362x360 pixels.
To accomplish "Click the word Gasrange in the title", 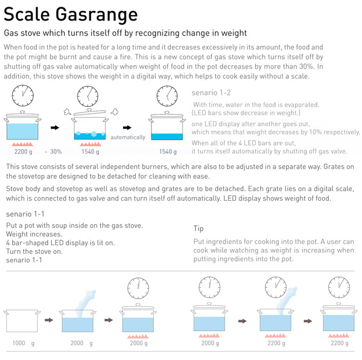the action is click(x=97, y=15).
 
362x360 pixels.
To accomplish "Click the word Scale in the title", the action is click(x=27, y=14).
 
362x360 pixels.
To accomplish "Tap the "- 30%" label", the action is click(x=53, y=151).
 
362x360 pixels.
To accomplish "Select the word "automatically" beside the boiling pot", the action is click(x=128, y=137).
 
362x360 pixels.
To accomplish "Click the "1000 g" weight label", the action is click(x=24, y=343).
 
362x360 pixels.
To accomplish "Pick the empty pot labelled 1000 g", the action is click(x=22, y=321).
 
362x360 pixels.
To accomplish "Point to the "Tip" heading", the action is click(x=198, y=229).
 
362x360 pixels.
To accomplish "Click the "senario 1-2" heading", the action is click(x=211, y=93).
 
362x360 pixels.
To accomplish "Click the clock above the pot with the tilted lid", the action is click(x=87, y=96).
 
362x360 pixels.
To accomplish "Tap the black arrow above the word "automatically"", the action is click(x=127, y=127).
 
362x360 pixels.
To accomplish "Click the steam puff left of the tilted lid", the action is click(x=68, y=112).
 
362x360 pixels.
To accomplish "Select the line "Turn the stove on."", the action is click(x=34, y=251).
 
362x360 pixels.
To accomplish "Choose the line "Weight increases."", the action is click(x=34, y=234).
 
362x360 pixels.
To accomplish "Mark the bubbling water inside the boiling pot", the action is click(x=90, y=136).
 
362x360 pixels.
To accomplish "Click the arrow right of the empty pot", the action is click(x=49, y=320).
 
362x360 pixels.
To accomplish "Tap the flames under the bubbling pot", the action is click(x=91, y=145).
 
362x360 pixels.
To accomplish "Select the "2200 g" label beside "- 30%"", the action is click(x=24, y=151).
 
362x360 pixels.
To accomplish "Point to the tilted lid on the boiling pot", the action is click(x=89, y=112).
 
